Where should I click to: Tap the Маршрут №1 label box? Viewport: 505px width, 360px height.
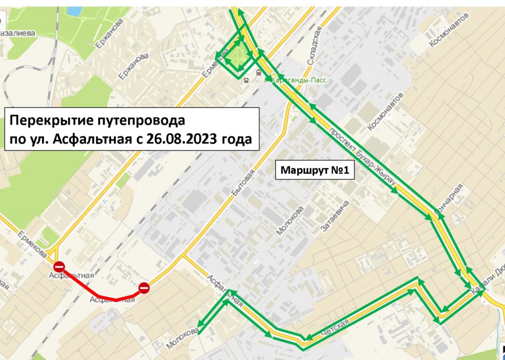point(315,171)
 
